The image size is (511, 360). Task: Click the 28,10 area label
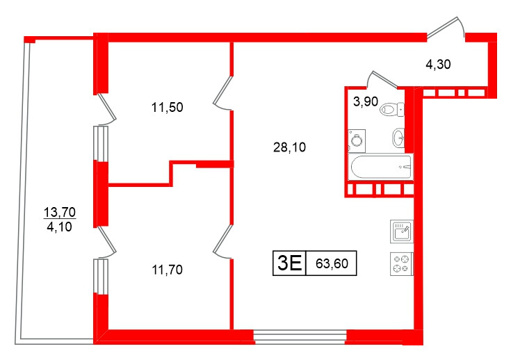(x=289, y=147)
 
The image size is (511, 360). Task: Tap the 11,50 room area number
(x=167, y=107)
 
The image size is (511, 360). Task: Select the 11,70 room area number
(x=167, y=270)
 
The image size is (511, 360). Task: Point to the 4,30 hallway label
(x=438, y=64)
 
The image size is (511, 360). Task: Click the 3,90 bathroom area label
(x=366, y=101)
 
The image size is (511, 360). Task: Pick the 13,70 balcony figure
(x=60, y=213)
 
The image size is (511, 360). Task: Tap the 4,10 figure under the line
(x=59, y=227)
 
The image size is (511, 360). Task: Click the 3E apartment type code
(x=289, y=263)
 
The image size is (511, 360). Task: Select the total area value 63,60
(x=332, y=263)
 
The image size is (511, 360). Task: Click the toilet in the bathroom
(x=392, y=109)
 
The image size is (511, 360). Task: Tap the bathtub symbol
(x=381, y=167)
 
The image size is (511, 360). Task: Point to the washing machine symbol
(x=357, y=141)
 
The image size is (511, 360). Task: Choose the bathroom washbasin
(x=398, y=138)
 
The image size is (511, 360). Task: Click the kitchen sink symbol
(x=402, y=231)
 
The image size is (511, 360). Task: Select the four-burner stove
(x=402, y=264)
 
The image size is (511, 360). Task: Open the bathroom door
(x=382, y=79)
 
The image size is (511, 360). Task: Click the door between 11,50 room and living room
(x=223, y=93)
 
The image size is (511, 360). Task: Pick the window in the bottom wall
(x=300, y=336)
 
